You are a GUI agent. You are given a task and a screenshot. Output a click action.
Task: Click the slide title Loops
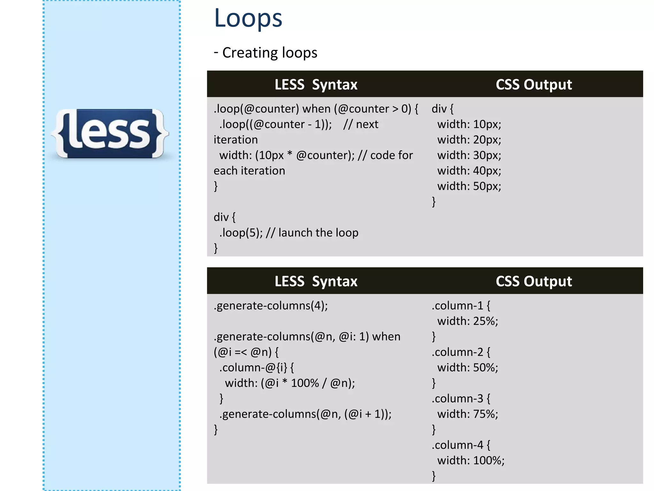pos(248,18)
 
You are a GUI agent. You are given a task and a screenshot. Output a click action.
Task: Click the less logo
pos(110,133)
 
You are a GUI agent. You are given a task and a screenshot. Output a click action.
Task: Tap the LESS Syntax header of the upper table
pos(316,85)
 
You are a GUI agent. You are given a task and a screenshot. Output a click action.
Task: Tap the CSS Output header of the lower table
pos(534,281)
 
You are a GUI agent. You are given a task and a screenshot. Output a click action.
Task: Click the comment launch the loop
pos(318,233)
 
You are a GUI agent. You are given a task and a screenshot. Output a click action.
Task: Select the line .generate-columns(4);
pos(271,306)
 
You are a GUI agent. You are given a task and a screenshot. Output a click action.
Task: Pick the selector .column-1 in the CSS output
pos(457,306)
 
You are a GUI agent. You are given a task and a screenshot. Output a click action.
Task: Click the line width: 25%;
pos(468,321)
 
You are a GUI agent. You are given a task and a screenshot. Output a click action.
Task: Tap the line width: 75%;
pos(468,414)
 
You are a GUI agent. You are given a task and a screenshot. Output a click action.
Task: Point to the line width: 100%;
pos(471,460)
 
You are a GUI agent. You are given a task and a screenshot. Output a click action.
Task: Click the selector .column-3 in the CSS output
pos(457,399)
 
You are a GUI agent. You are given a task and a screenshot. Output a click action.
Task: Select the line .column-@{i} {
pos(256,368)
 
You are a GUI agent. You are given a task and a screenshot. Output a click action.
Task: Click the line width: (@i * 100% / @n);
pos(290,383)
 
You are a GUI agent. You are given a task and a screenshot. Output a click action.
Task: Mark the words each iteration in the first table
pos(249,171)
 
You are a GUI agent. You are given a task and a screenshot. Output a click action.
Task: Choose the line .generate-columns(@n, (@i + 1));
pos(305,414)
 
